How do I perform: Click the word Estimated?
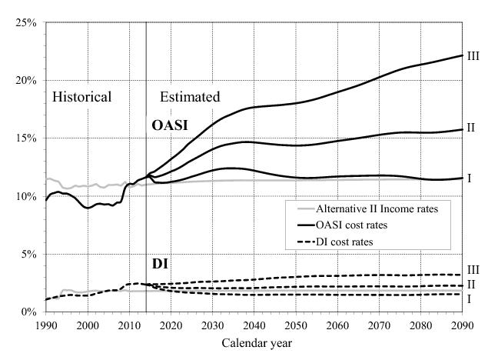(190, 97)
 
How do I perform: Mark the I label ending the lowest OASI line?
(469, 178)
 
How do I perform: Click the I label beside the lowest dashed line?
(469, 298)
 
